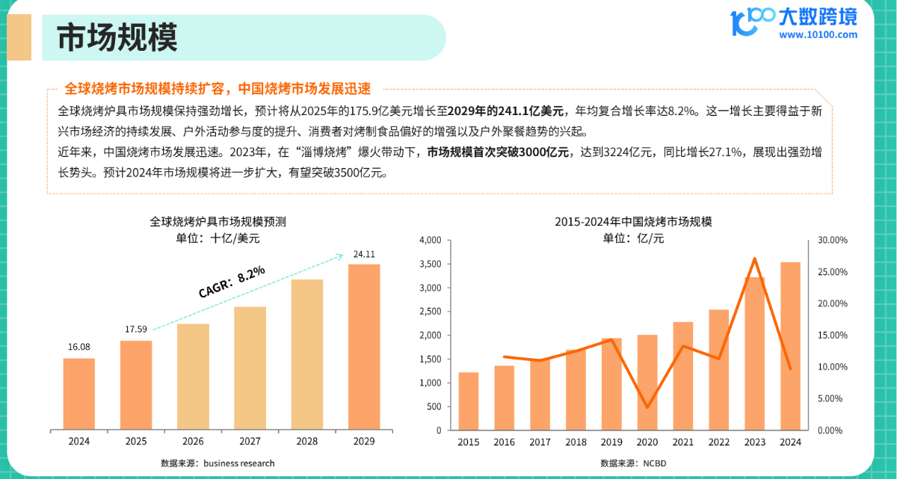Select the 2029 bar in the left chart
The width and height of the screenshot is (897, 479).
pos(364,347)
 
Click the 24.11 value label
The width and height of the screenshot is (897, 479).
pos(364,255)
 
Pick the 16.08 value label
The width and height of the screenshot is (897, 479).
pos(78,347)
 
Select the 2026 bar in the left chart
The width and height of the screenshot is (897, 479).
pos(194,377)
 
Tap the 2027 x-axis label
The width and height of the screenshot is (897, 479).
pos(250,442)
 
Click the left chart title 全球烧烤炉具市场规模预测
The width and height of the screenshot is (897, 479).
pos(218,223)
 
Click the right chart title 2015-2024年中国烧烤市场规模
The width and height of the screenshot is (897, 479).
pos(633,223)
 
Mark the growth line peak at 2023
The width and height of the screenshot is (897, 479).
pos(755,259)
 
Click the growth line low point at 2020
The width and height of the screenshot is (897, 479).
pos(647,407)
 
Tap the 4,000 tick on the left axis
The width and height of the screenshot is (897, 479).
pos(432,241)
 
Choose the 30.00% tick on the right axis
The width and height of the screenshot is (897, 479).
pos(831,241)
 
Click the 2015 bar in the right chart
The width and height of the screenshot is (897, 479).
pos(469,401)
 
